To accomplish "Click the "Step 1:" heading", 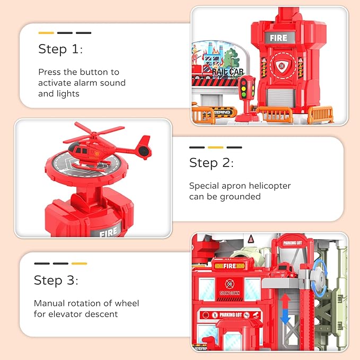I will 60,49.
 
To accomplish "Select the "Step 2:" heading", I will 211,163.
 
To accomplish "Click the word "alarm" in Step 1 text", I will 100,83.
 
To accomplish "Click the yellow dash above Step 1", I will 46,33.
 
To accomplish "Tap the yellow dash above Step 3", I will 79,263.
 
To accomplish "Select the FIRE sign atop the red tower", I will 278,38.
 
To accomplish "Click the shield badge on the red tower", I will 279,66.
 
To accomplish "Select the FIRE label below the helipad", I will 108,232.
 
